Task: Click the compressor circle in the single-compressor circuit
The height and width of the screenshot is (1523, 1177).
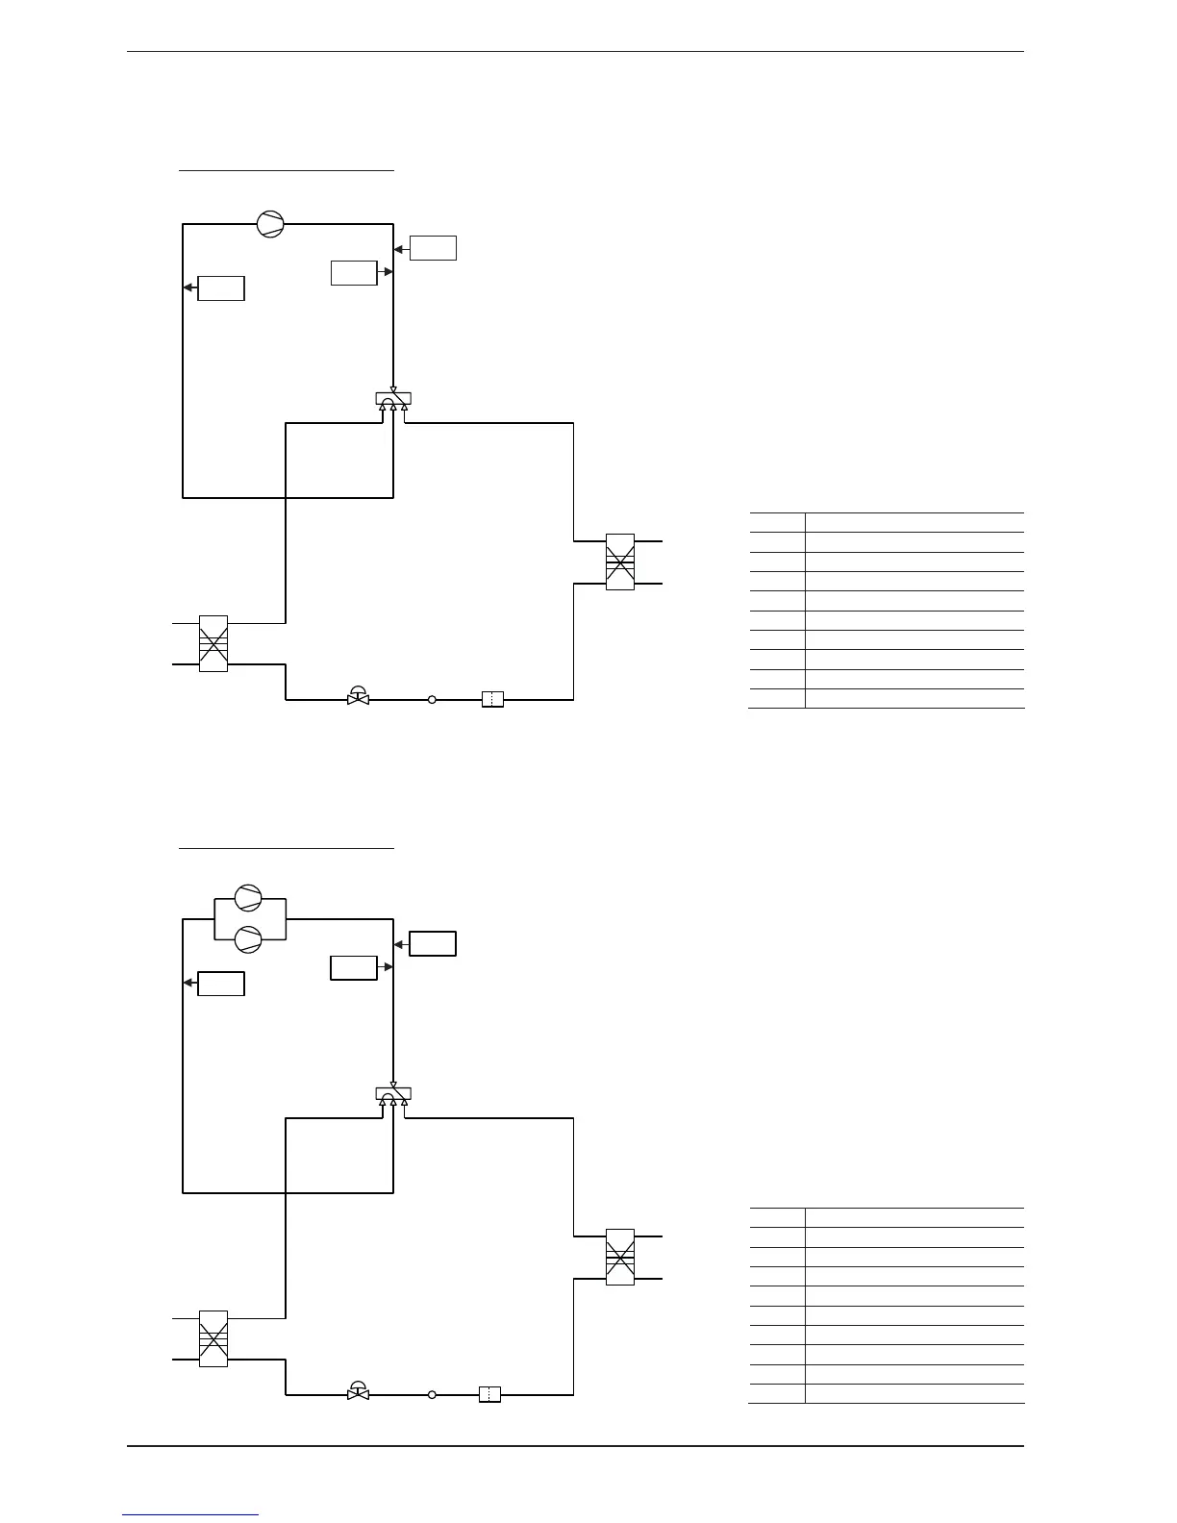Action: (x=270, y=224)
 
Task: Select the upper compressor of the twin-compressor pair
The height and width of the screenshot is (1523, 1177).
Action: (x=248, y=897)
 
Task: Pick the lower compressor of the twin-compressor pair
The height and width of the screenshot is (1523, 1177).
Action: (x=248, y=938)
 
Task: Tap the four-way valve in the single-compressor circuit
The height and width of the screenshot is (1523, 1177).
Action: (x=393, y=398)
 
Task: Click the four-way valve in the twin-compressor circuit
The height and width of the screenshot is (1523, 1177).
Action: (x=393, y=1093)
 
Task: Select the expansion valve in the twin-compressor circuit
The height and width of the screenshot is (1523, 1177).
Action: (x=358, y=1391)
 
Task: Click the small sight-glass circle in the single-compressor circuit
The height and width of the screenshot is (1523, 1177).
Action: (x=432, y=700)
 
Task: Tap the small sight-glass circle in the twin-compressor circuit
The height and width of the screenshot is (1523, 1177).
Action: (x=432, y=1394)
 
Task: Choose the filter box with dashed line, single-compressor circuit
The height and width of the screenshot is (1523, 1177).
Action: (x=492, y=700)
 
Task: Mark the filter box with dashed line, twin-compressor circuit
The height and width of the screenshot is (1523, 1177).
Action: (x=489, y=1394)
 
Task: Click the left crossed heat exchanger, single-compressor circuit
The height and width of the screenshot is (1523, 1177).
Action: (x=213, y=643)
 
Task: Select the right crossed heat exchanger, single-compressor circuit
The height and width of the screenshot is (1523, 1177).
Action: (x=620, y=562)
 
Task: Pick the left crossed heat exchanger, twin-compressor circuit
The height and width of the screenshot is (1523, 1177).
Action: (x=213, y=1338)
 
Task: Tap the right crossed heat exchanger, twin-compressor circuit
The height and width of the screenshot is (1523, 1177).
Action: (x=620, y=1256)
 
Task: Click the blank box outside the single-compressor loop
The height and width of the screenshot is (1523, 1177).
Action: (x=433, y=248)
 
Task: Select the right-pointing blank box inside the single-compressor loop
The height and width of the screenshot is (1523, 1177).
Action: (x=354, y=272)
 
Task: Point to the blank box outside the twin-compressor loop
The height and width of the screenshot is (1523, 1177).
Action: (x=433, y=943)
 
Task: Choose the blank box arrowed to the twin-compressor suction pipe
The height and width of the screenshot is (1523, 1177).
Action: (x=221, y=984)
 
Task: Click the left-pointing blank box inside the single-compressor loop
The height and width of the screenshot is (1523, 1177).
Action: (x=221, y=288)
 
